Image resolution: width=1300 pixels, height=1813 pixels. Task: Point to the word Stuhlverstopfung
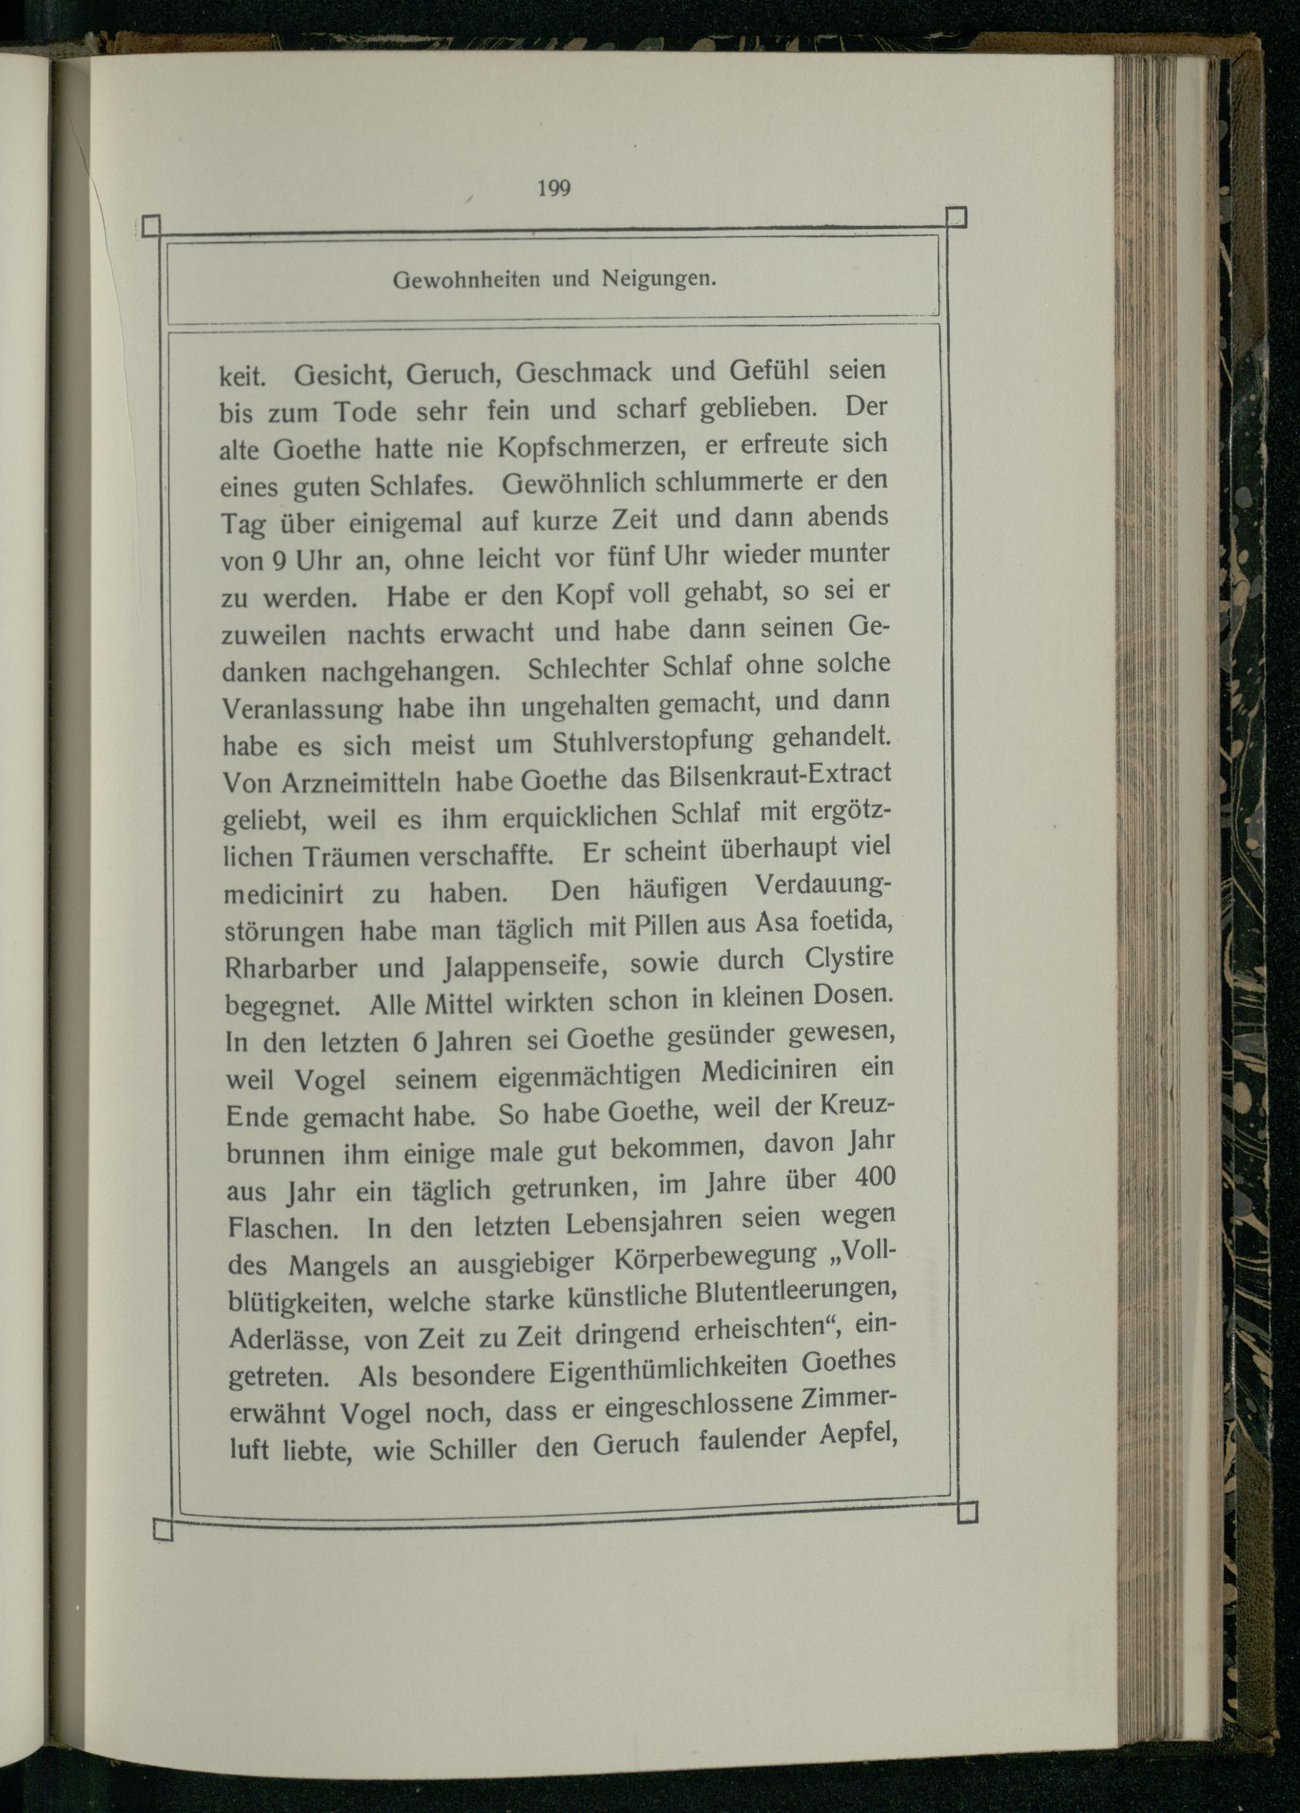(653, 743)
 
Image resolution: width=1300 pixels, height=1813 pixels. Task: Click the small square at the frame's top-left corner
(150, 227)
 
